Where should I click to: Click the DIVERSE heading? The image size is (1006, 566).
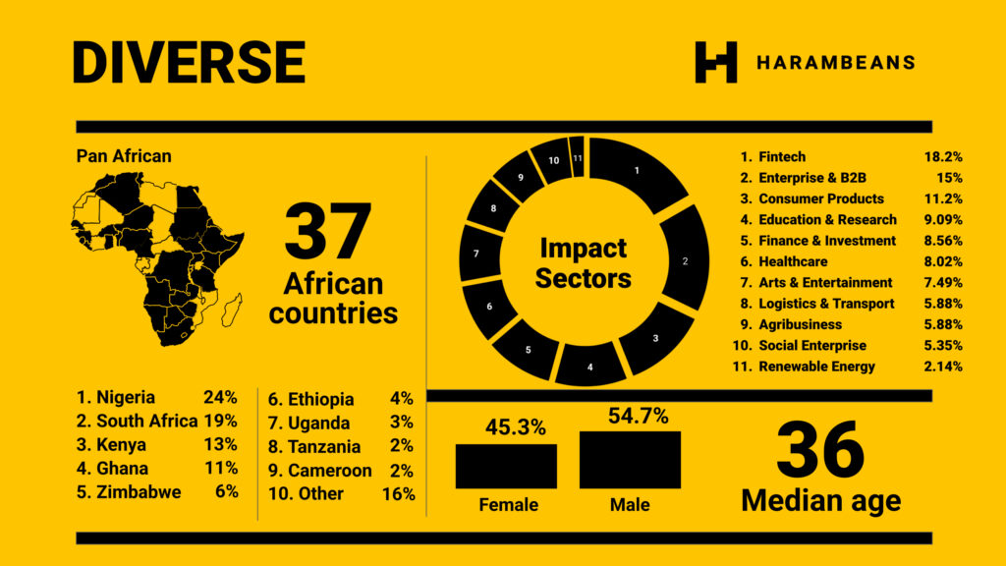tap(189, 62)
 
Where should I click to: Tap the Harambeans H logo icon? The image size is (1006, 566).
tap(715, 62)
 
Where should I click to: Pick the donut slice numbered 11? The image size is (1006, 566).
tap(578, 156)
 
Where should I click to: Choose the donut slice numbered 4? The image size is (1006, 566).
tap(590, 366)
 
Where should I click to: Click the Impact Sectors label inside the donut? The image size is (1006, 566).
tap(583, 262)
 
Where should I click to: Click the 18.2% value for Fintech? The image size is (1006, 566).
tap(942, 156)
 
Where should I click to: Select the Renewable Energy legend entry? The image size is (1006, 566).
tap(815, 367)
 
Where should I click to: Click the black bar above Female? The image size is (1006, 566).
tap(506, 466)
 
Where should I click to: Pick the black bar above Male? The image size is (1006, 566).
tap(630, 459)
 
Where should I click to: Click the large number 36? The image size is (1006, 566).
tap(819, 450)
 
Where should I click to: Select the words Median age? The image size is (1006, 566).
tap(820, 501)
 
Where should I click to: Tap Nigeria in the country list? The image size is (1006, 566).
tap(125, 398)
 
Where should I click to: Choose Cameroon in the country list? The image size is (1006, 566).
tap(329, 470)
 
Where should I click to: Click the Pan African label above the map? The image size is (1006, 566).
tap(124, 156)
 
